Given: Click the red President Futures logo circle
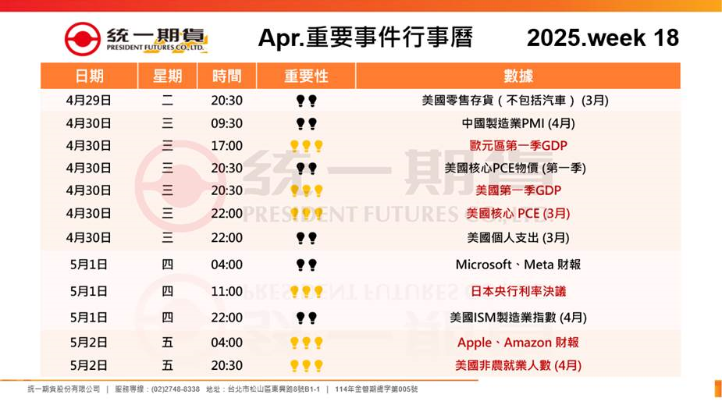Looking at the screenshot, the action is pos(83,39).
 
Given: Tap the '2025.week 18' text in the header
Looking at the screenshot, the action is pos(603,37).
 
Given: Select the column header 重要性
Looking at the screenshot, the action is pos(306,76).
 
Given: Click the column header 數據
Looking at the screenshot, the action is pos(518,76).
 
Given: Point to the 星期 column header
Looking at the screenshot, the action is pos(167,76).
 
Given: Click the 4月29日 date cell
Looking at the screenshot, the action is pos(89,101).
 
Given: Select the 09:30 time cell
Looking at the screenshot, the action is pos(226,123).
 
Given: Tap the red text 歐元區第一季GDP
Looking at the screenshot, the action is pos(518,145).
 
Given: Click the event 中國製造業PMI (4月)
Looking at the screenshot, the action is pos(518,123).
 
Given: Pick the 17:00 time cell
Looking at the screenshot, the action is pos(226,146).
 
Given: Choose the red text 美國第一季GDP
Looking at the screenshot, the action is pos(518,190).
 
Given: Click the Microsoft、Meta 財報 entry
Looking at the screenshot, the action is pos(518,265).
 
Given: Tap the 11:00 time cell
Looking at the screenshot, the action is pos(226,291).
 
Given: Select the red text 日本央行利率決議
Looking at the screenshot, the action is pos(518,291).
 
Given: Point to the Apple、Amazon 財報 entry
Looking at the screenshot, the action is pos(518,343).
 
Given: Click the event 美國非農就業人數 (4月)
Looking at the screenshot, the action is pos(518,365).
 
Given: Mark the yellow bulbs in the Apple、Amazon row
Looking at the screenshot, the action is pos(306,343).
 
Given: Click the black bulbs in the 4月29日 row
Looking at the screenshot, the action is pos(306,101).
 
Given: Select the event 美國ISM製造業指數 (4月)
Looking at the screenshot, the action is pos(518,318).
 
